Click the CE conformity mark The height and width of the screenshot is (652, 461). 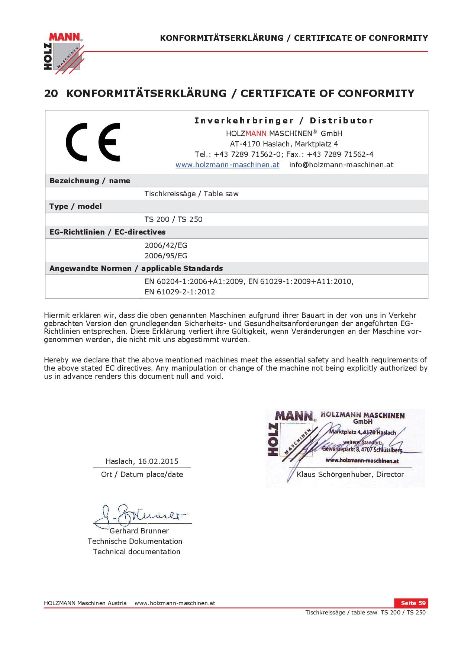coord(93,142)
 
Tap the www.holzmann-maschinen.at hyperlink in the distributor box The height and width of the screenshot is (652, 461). coord(227,165)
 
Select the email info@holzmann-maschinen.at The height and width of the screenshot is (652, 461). coord(341,165)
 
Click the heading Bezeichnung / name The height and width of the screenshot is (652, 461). coord(90,181)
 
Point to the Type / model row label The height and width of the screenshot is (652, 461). coord(75,206)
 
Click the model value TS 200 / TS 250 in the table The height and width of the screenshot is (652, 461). coord(173,219)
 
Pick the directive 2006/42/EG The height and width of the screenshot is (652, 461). coord(166,245)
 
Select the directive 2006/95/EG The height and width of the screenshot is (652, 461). coord(166,256)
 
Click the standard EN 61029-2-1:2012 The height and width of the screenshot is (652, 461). coord(180,292)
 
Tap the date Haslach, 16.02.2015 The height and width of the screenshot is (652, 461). coord(142,461)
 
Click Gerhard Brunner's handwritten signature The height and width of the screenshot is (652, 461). coord(141,516)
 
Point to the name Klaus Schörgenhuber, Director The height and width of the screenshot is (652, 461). coord(350,474)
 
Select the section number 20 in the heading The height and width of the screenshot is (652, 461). coord(51,93)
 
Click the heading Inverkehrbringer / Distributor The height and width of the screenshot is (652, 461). coord(283,120)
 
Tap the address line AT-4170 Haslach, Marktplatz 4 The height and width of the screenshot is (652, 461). coord(284,144)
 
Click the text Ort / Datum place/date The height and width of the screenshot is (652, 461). coord(142,474)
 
